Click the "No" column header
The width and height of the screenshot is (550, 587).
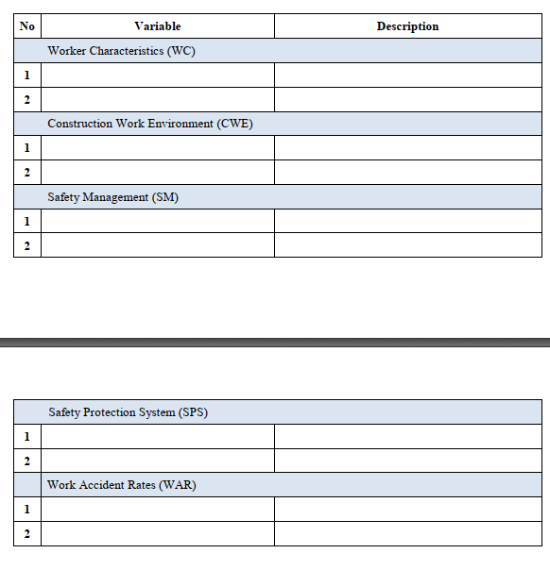coord(26,26)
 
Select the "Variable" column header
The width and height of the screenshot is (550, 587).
coord(158,26)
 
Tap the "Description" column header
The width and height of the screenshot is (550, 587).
coord(407,26)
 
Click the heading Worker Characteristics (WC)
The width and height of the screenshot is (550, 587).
coord(121,51)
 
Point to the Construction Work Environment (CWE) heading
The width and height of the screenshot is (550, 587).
coord(150,124)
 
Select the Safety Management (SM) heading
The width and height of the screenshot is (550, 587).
coord(112,197)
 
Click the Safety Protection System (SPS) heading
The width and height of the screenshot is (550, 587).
coord(128,412)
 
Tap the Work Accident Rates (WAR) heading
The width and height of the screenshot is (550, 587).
coord(122,485)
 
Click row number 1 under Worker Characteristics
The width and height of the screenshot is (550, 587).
coord(26,75)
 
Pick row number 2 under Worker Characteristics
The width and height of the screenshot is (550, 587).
coord(26,100)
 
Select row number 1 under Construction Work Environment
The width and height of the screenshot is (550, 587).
coord(26,148)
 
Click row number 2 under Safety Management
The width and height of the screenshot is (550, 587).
coord(26,246)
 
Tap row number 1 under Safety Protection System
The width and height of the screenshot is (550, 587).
coord(26,437)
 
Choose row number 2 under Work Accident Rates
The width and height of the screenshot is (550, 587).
coord(26,534)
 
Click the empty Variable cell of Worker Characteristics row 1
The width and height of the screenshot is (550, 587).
coord(158,75)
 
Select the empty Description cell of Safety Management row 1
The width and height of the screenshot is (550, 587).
coord(407,222)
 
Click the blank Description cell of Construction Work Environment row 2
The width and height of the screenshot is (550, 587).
coord(407,173)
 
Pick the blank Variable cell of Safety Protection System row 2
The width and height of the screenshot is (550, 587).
coord(158,461)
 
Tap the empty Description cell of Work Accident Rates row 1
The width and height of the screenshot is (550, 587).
coord(407,510)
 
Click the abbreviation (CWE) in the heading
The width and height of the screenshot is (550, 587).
coord(235,124)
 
